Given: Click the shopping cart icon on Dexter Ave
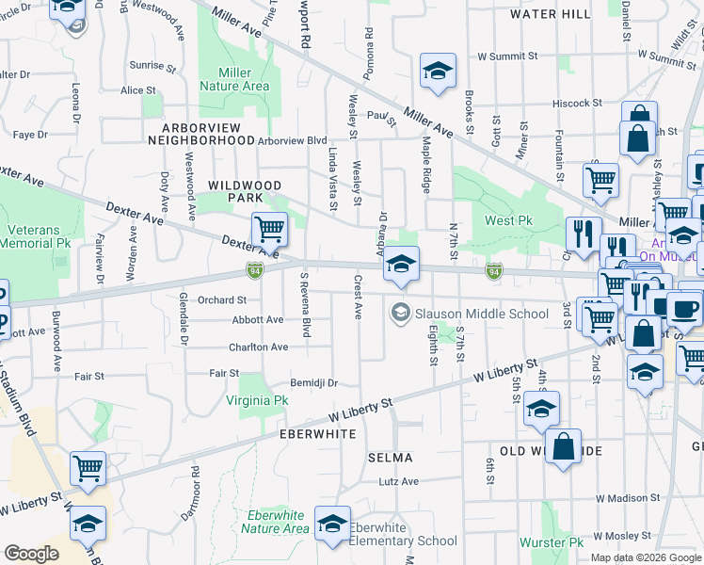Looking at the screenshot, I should pos(269,229).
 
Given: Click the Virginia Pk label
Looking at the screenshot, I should pos(257,400).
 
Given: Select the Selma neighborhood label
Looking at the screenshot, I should pos(390,458).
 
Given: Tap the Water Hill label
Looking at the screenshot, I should pos(551,14).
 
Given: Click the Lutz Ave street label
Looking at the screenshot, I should pos(398,481).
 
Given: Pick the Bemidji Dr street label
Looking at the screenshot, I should pos(312,383).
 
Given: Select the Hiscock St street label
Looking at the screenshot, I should pos(577,103).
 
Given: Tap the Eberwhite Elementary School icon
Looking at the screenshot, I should pos(332,525).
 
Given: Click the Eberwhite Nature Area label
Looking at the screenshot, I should pos(275,522).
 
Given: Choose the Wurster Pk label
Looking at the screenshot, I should pos(551,542).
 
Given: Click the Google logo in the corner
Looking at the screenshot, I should pos(31,554).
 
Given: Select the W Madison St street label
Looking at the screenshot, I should pos(628,498).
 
